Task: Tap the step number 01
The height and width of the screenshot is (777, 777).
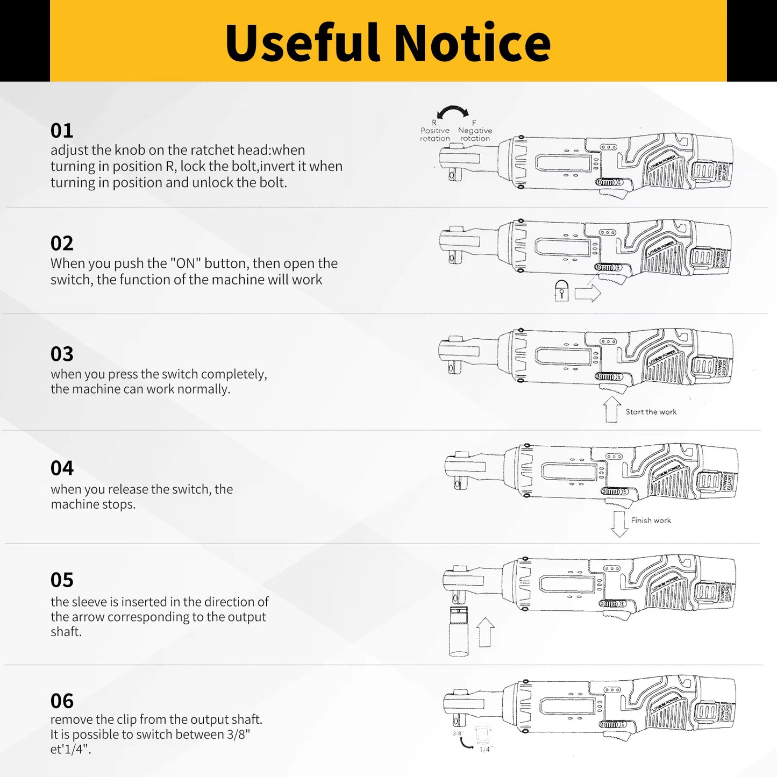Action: (62, 131)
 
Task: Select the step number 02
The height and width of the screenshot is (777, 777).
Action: (62, 243)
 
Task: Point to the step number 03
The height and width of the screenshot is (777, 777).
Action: (62, 354)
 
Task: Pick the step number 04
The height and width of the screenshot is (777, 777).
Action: (62, 468)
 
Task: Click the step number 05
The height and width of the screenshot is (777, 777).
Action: (62, 580)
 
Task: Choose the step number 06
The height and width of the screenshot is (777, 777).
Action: (62, 701)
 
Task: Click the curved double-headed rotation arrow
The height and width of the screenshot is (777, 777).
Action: (453, 112)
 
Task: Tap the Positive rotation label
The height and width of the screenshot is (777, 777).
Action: (435, 134)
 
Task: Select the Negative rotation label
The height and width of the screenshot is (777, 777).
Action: (475, 134)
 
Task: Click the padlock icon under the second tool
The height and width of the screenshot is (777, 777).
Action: (561, 290)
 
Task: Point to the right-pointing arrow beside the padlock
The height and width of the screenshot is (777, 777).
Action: (587, 294)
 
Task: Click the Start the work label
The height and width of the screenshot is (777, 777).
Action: (651, 412)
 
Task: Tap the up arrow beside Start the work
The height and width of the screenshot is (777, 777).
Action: (611, 409)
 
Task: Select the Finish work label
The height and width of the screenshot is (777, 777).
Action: (651, 521)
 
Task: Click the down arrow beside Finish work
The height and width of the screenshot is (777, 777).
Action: (619, 524)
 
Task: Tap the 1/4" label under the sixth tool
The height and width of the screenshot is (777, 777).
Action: (486, 749)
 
